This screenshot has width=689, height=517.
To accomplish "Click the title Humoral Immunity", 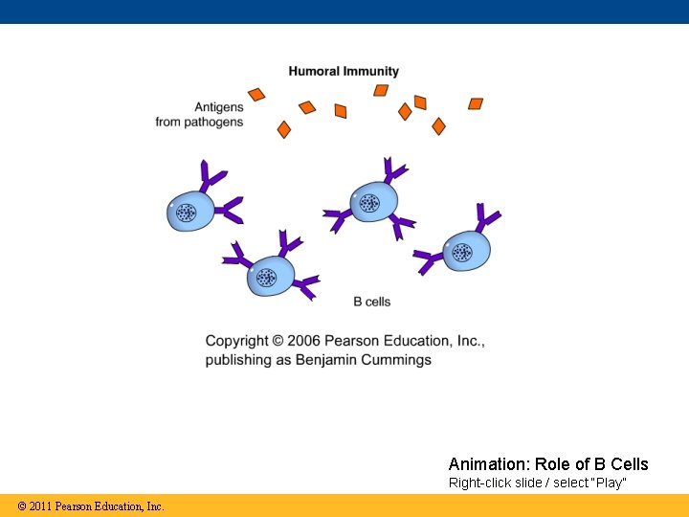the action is (344, 71).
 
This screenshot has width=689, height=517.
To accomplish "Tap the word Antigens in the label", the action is (219, 107).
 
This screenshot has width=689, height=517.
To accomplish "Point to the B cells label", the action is (371, 302).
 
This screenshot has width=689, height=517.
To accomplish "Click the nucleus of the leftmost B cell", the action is (186, 213).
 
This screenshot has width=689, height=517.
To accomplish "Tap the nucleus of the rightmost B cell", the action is (462, 252).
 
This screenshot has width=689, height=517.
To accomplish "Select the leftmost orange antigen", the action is (256, 94).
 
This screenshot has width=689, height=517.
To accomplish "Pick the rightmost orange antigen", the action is (476, 103).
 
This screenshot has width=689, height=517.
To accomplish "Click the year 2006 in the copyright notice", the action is (305, 341).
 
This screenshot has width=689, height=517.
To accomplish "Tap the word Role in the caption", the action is (549, 464).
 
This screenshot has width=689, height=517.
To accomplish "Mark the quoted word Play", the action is (611, 483).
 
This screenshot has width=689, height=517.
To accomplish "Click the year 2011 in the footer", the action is (40, 506).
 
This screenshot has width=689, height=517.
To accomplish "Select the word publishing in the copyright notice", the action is (236, 360).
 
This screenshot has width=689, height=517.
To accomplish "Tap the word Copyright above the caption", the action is (236, 341).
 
